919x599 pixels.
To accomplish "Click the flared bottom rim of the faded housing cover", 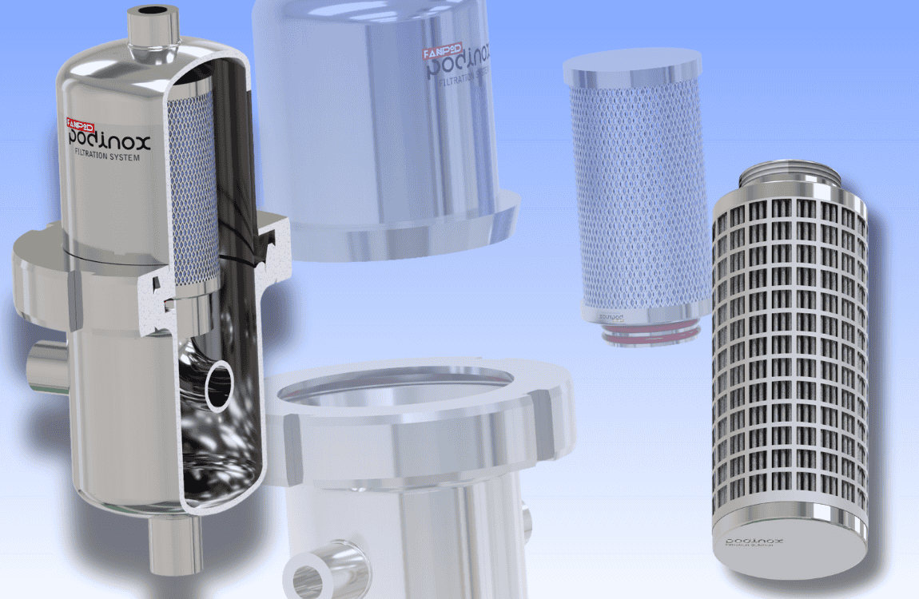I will coord(400,236).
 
